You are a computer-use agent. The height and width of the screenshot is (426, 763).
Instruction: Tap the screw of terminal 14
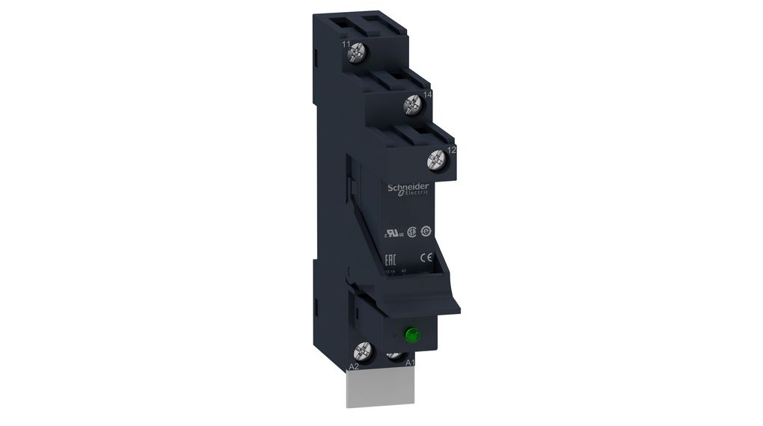coord(411,105)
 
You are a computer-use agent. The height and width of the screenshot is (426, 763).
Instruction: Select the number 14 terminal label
coord(428,95)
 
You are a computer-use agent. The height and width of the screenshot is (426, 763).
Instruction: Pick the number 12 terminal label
coord(451,150)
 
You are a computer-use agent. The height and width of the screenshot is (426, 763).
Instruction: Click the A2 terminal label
coord(354,365)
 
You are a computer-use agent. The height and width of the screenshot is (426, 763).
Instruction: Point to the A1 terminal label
coord(409,364)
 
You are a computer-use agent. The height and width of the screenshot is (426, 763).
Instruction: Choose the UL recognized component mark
coord(393,232)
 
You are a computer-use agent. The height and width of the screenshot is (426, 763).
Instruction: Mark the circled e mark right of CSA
coord(426,232)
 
